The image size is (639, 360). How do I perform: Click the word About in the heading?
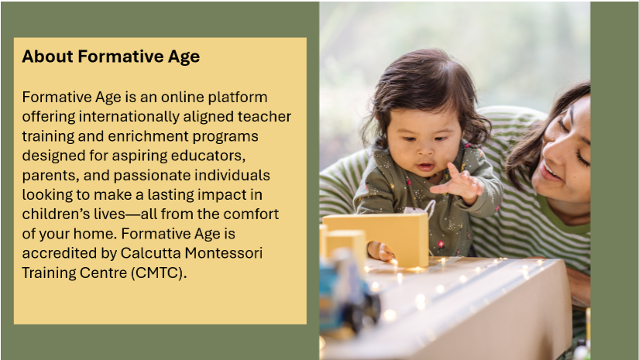(x=48, y=57)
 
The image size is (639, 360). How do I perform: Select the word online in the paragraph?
(x=182, y=97)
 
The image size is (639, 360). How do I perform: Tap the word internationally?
(x=129, y=116)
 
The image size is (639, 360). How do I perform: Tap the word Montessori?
(x=224, y=253)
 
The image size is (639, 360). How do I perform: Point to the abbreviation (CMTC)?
(x=159, y=273)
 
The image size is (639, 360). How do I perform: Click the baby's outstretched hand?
(x=458, y=183)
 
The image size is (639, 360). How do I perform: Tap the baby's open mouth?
(x=425, y=166)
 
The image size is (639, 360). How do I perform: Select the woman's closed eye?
(x=583, y=159)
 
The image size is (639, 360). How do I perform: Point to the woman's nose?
(x=555, y=152)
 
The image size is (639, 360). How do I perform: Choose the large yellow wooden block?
(x=376, y=239)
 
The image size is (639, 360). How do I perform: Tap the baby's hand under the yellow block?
(x=380, y=252)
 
